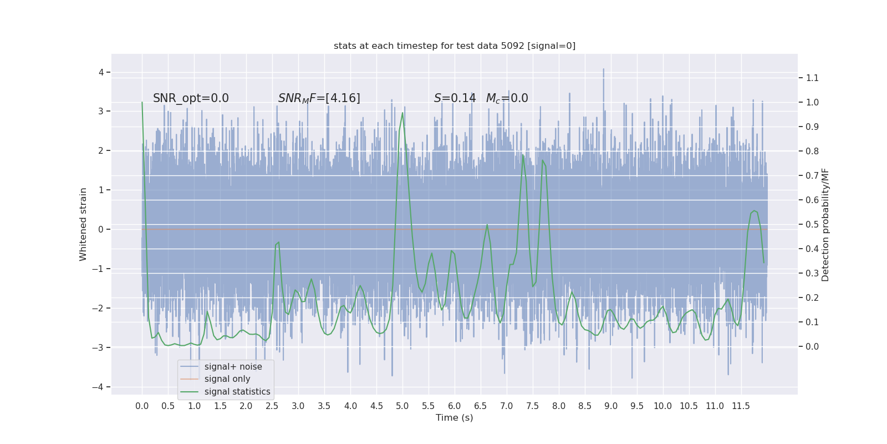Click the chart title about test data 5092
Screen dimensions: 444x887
[455, 46]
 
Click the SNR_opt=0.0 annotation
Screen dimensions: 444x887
[191, 98]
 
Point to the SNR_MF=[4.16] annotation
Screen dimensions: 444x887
[319, 98]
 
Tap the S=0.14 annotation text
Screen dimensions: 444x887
[455, 98]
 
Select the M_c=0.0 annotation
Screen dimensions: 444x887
[507, 98]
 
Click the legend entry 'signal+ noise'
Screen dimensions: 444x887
[233, 367]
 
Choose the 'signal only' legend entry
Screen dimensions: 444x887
[227, 379]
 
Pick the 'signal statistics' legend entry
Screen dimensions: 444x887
[237, 392]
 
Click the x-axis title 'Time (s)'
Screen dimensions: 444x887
[454, 418]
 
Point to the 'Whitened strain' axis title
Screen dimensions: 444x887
[83, 224]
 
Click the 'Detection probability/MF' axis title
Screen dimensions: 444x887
[825, 225]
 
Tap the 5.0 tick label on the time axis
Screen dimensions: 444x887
[402, 406]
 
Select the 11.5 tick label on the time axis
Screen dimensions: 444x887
[741, 406]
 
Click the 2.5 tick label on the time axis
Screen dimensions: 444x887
[272, 406]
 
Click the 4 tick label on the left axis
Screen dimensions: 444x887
[101, 72]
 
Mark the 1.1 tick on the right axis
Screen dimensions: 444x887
[812, 78]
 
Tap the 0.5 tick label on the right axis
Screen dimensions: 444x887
[812, 225]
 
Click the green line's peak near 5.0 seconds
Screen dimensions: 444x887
[402, 113]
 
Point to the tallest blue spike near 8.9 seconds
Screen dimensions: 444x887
[603, 70]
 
